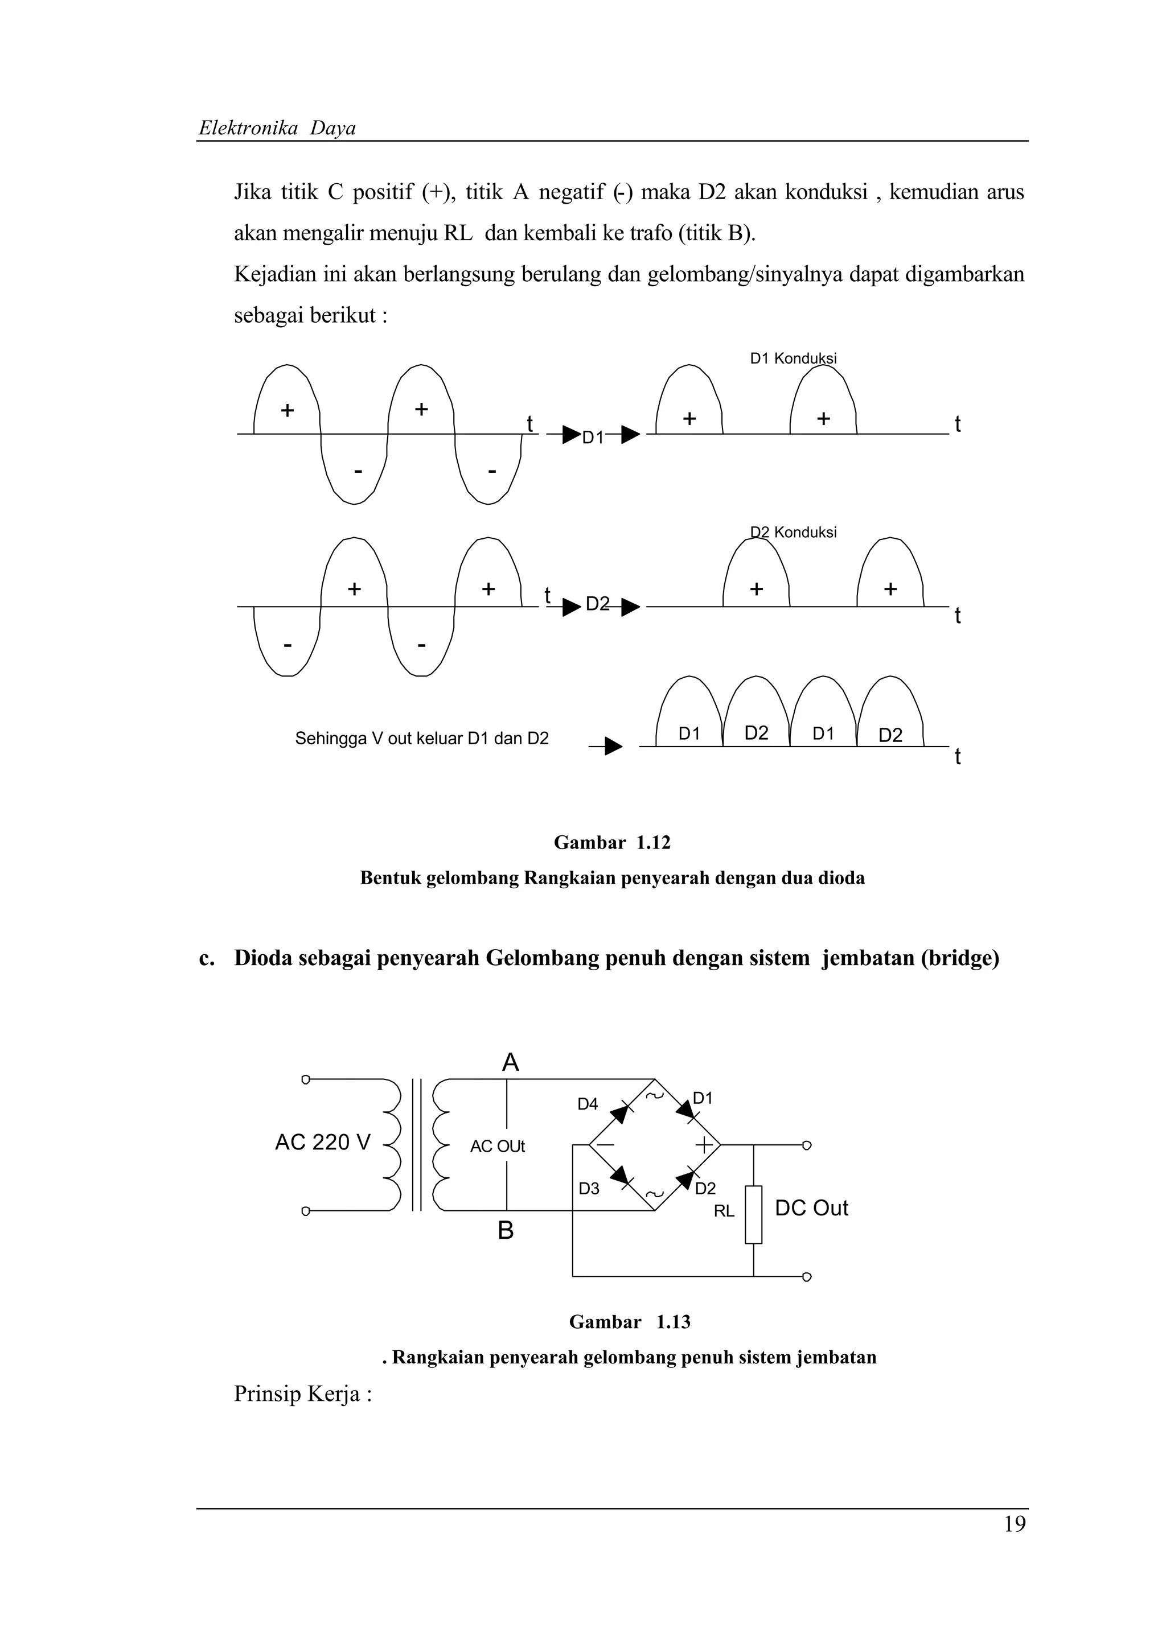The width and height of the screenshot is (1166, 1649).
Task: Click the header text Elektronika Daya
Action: [277, 129]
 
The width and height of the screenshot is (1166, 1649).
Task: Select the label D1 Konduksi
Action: [793, 358]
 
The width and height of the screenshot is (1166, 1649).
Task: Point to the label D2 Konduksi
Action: [793, 532]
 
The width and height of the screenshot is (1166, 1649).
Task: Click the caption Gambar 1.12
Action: [612, 843]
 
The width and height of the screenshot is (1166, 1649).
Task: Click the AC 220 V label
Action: [323, 1142]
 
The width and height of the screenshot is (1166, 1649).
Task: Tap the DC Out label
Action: [811, 1208]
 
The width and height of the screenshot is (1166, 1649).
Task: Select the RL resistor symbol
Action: [753, 1214]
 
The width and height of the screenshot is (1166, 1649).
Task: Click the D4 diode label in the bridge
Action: [588, 1104]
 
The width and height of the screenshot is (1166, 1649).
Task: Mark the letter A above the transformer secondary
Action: [510, 1063]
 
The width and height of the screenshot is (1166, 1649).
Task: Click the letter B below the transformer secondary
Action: [506, 1231]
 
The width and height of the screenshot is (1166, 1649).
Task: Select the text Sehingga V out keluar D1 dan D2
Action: [422, 739]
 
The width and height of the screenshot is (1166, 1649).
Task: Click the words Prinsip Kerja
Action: [302, 1394]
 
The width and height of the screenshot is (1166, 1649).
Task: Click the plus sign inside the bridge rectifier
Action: [704, 1145]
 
